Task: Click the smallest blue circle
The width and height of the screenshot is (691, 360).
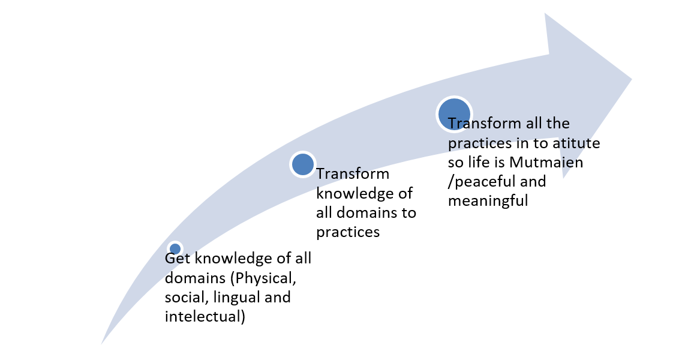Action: (x=175, y=249)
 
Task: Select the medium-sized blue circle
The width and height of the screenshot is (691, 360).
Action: (x=303, y=164)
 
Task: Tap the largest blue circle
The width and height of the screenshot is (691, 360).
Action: (x=454, y=114)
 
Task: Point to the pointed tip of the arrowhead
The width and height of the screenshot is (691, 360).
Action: (x=632, y=79)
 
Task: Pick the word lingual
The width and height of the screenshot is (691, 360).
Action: (x=233, y=298)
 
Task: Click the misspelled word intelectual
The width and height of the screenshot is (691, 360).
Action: (x=205, y=316)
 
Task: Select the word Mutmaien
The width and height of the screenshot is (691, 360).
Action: (x=546, y=163)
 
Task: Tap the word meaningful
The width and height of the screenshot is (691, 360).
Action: (x=488, y=202)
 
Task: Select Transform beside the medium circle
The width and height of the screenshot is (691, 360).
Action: (x=353, y=174)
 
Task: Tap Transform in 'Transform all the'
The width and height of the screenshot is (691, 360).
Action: (x=485, y=124)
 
